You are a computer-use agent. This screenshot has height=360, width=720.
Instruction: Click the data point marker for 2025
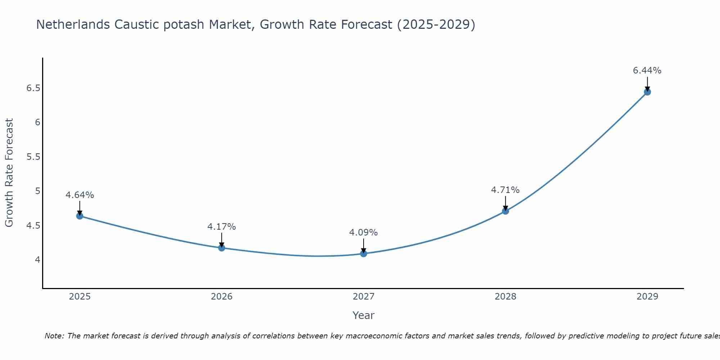pyautogui.click(x=80, y=216)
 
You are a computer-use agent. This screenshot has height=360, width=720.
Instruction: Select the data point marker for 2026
pyautogui.click(x=222, y=248)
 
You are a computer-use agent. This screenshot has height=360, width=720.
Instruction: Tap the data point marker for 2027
pyautogui.click(x=364, y=253)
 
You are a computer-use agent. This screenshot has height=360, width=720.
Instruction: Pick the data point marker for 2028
pyautogui.click(x=505, y=211)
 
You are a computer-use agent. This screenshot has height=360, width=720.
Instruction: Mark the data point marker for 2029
pyautogui.click(x=647, y=92)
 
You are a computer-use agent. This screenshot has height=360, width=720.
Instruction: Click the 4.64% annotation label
pyautogui.click(x=80, y=195)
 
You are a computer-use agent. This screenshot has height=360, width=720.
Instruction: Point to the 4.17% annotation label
pyautogui.click(x=222, y=227)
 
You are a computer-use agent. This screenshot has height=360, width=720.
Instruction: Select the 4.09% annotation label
pyautogui.click(x=364, y=233)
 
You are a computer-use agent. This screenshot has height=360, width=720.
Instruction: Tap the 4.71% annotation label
pyautogui.click(x=505, y=190)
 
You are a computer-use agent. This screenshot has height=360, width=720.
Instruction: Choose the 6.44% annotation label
pyautogui.click(x=647, y=71)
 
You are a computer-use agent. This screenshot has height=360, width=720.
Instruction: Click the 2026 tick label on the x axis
pyautogui.click(x=222, y=297)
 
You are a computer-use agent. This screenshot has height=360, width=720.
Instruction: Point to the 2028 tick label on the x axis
pyautogui.click(x=505, y=297)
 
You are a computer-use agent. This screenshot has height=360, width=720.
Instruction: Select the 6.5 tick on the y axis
pyautogui.click(x=33, y=88)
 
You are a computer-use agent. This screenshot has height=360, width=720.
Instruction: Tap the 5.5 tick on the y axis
pyautogui.click(x=33, y=157)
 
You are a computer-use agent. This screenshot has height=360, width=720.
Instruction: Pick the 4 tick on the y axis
pyautogui.click(x=37, y=260)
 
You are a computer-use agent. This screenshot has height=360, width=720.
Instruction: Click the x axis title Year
pyautogui.click(x=364, y=315)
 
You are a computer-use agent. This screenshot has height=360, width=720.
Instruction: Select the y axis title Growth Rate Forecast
pyautogui.click(x=9, y=173)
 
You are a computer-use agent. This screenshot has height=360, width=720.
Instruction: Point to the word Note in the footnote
pyautogui.click(x=54, y=336)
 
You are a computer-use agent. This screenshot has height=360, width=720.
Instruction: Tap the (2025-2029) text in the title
pyautogui.click(x=436, y=24)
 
